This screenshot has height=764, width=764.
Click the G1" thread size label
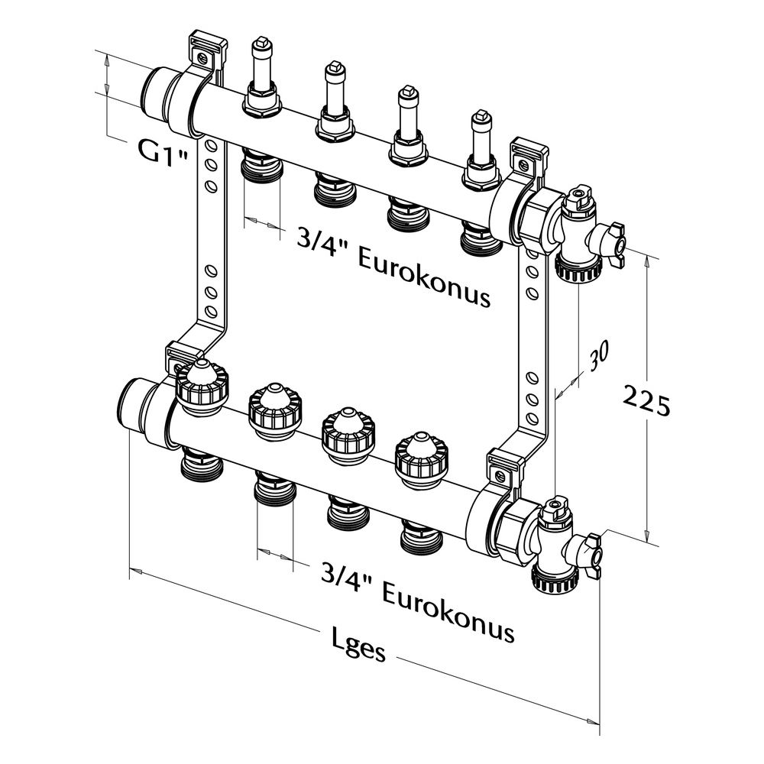coord(162,153)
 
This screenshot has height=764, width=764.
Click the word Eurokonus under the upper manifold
coord(424,278)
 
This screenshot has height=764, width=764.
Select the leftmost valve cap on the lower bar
coord(201,387)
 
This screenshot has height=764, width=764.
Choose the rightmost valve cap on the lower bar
coord(421,461)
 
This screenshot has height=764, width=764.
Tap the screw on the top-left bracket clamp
coord(202,59)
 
